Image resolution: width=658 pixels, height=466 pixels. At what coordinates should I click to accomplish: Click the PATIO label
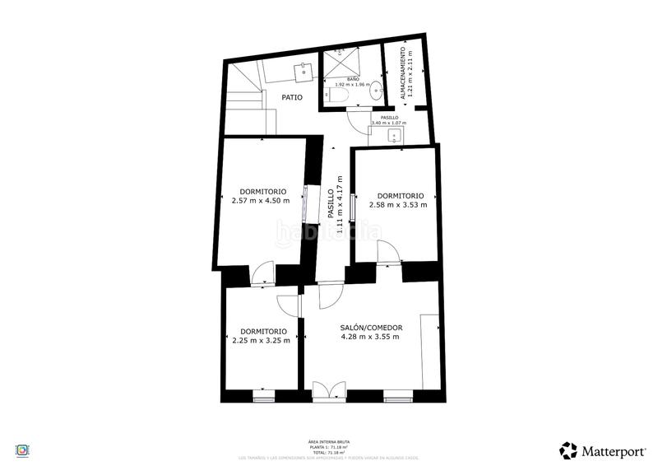coord(291,97)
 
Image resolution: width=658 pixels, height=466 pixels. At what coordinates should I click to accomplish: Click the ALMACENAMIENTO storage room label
coord(403,73)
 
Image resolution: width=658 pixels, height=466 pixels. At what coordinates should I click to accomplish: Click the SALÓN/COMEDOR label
coord(371,328)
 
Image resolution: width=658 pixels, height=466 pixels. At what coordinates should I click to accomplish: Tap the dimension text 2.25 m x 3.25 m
coord(261,340)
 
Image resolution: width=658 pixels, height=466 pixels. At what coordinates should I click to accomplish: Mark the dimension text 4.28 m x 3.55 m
coord(371,337)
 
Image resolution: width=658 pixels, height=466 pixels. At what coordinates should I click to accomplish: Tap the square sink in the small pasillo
coord(393,136)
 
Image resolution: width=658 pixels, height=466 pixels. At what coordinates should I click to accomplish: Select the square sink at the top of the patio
coord(304,69)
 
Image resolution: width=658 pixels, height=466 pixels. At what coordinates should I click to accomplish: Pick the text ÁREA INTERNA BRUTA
coord(328,442)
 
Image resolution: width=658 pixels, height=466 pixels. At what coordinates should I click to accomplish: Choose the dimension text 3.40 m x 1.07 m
coord(389,123)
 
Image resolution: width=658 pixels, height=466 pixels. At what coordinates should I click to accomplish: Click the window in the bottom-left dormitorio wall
coord(263,399)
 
